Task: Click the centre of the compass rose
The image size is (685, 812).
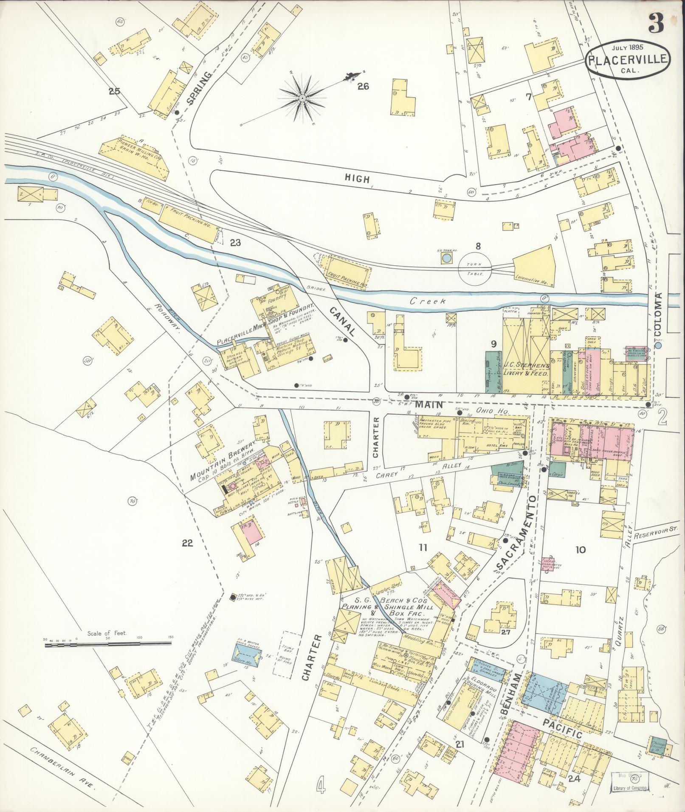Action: pos(302,98)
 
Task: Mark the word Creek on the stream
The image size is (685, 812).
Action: pos(428,301)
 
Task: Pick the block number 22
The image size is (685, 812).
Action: pos(187,543)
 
